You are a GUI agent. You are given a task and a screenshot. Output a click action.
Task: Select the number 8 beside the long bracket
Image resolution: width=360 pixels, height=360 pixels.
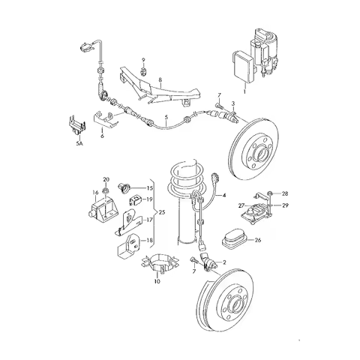[x=159, y=79]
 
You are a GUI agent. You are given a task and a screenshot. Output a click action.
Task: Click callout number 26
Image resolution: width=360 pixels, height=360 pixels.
[x=258, y=241]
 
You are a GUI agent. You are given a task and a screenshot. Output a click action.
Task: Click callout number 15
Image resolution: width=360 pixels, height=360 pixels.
[x=150, y=187]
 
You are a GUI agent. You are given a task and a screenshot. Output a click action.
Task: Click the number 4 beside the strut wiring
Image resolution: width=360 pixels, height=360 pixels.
[x=223, y=196]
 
